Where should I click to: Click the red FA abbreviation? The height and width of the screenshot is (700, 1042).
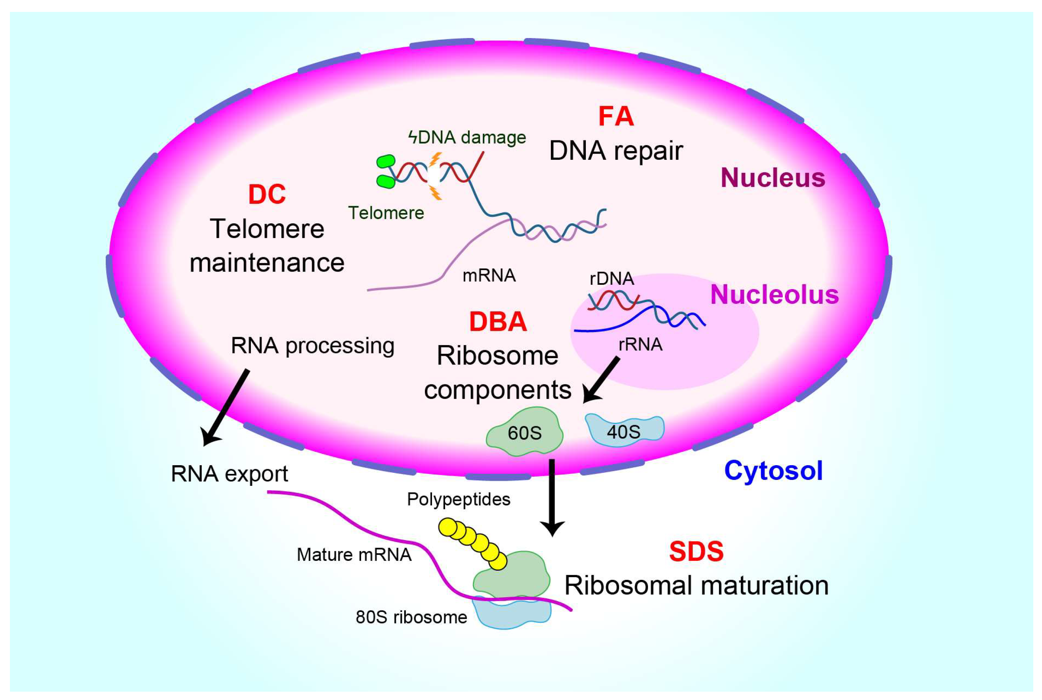coord(616,117)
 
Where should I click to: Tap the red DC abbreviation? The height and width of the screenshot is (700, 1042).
coord(267,194)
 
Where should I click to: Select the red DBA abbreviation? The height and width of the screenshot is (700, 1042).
coord(498,321)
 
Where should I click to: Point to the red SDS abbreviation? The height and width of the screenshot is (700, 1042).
coord(696,551)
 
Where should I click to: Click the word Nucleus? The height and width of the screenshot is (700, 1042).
coord(772,178)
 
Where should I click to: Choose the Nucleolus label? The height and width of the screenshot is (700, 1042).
coord(774,295)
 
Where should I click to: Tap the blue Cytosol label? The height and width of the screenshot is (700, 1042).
coord(773,470)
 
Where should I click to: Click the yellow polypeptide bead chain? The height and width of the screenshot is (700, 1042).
coord(473,543)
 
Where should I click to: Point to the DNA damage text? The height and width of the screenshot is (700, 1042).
coord(467,137)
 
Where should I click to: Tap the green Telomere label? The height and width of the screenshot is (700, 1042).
coord(386,213)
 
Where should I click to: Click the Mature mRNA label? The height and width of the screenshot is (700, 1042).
coord(354,554)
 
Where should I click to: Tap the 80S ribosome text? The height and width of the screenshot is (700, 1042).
coord(411,618)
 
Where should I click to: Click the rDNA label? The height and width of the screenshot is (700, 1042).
coord(612,278)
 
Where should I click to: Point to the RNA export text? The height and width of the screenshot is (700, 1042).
coord(229,474)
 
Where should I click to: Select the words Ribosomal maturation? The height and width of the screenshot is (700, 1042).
coord(696,585)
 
